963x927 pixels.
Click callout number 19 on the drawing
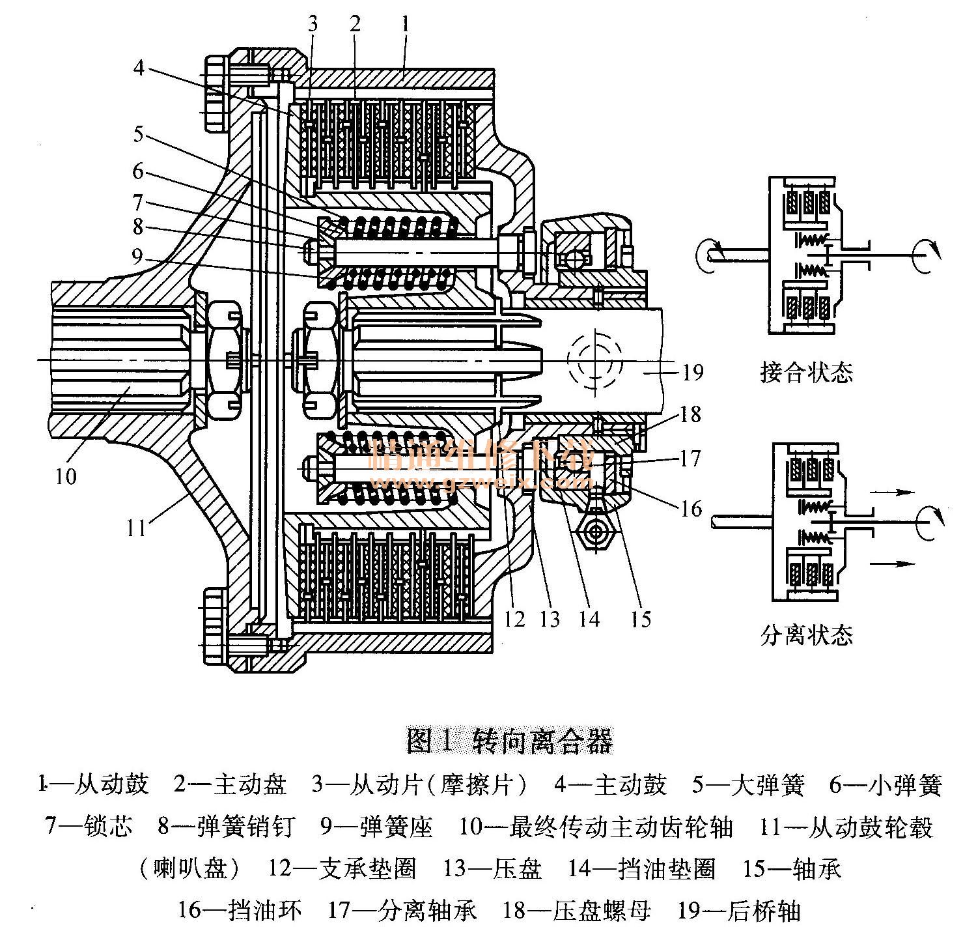693,372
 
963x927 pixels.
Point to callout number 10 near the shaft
66,476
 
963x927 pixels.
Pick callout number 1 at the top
405,25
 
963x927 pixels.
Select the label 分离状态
806,634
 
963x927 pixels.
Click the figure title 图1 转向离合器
509,741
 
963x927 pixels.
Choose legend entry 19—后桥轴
738,910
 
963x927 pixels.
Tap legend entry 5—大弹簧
748,785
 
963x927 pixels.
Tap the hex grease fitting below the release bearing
594,533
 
